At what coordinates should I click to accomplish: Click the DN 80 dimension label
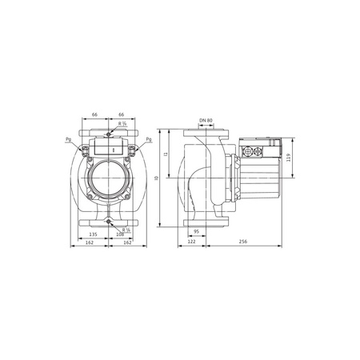[205, 121]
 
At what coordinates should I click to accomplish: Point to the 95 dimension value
[196, 232]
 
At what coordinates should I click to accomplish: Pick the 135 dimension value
[94, 234]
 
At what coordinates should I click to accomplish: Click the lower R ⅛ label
[126, 229]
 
